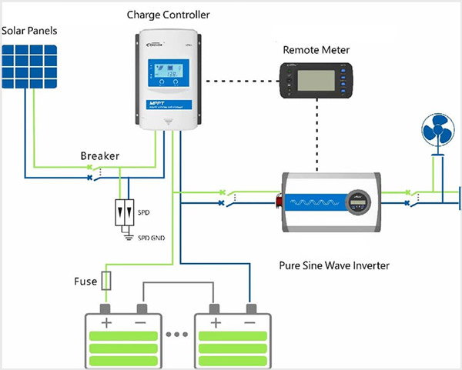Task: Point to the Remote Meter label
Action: pos(316,50)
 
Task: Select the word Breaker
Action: pos(100,156)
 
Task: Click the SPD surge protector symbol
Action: pos(122,210)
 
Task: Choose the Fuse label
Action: pos(85,282)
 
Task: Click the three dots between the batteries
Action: pos(176,335)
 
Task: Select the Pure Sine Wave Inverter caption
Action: pos(333,265)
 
